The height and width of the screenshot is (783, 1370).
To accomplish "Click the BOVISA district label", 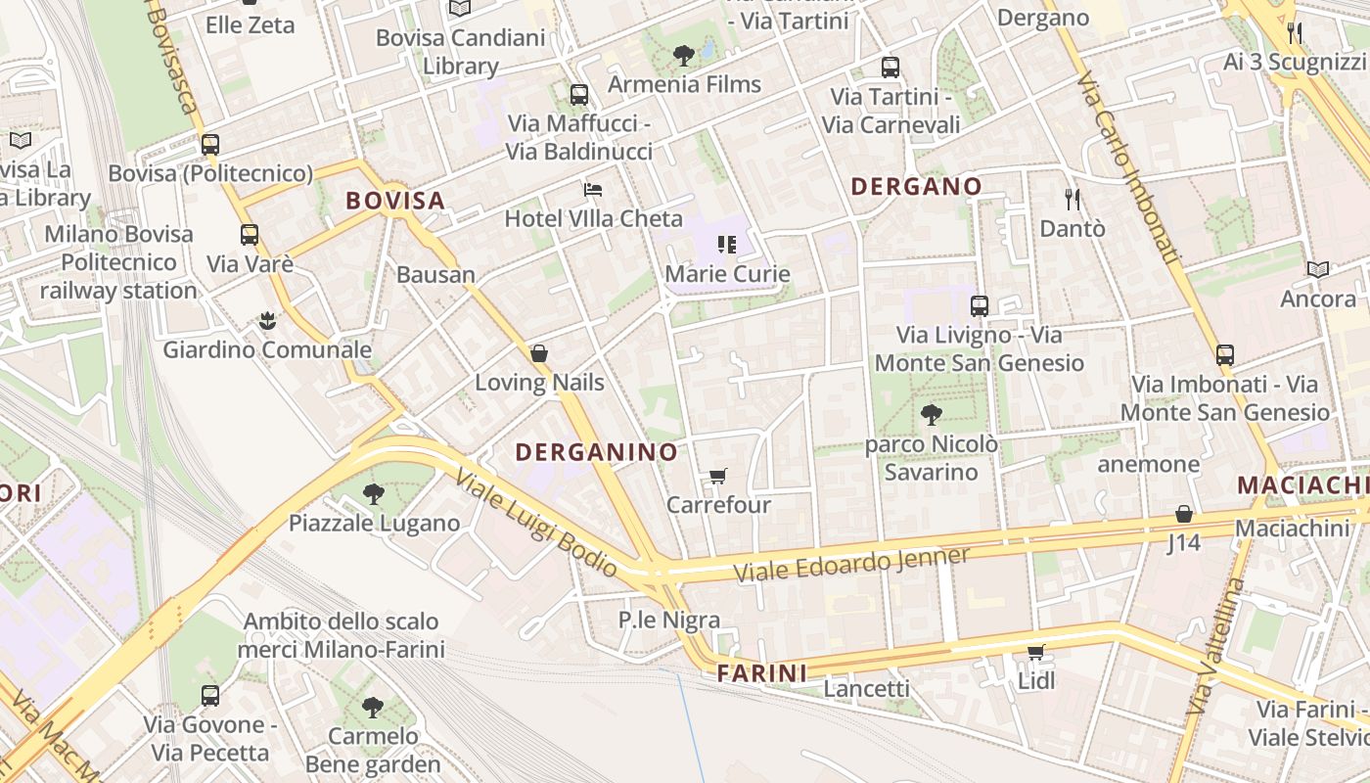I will (395, 201).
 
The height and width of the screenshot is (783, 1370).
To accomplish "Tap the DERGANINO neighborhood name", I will (596, 451).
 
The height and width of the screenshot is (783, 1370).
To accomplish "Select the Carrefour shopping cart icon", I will (718, 477).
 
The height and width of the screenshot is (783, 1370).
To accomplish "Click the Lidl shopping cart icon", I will (1036, 652).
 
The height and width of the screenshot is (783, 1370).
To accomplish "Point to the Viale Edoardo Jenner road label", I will (851, 565).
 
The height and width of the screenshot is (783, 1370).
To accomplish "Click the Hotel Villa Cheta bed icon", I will (593, 189).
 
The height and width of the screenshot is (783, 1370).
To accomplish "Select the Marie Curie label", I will (727, 274).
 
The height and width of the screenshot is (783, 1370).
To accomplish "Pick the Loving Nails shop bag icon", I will (539, 353).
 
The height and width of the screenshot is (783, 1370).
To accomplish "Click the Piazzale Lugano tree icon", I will (373, 493).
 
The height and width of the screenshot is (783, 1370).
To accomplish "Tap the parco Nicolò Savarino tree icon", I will (932, 415).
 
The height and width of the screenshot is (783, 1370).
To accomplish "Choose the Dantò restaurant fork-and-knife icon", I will (1073, 200).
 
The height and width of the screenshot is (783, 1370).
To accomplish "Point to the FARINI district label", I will (762, 673).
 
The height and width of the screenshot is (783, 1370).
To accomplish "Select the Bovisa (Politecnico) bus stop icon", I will (210, 145).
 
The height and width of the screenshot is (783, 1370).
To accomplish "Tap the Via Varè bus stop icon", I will (250, 235).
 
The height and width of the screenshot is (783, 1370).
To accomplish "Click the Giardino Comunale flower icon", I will (266, 320).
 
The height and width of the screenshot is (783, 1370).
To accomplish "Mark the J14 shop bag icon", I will (1184, 514).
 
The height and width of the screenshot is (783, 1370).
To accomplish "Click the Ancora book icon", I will (1318, 269).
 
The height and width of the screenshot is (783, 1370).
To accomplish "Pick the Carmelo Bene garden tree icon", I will (372, 707).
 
